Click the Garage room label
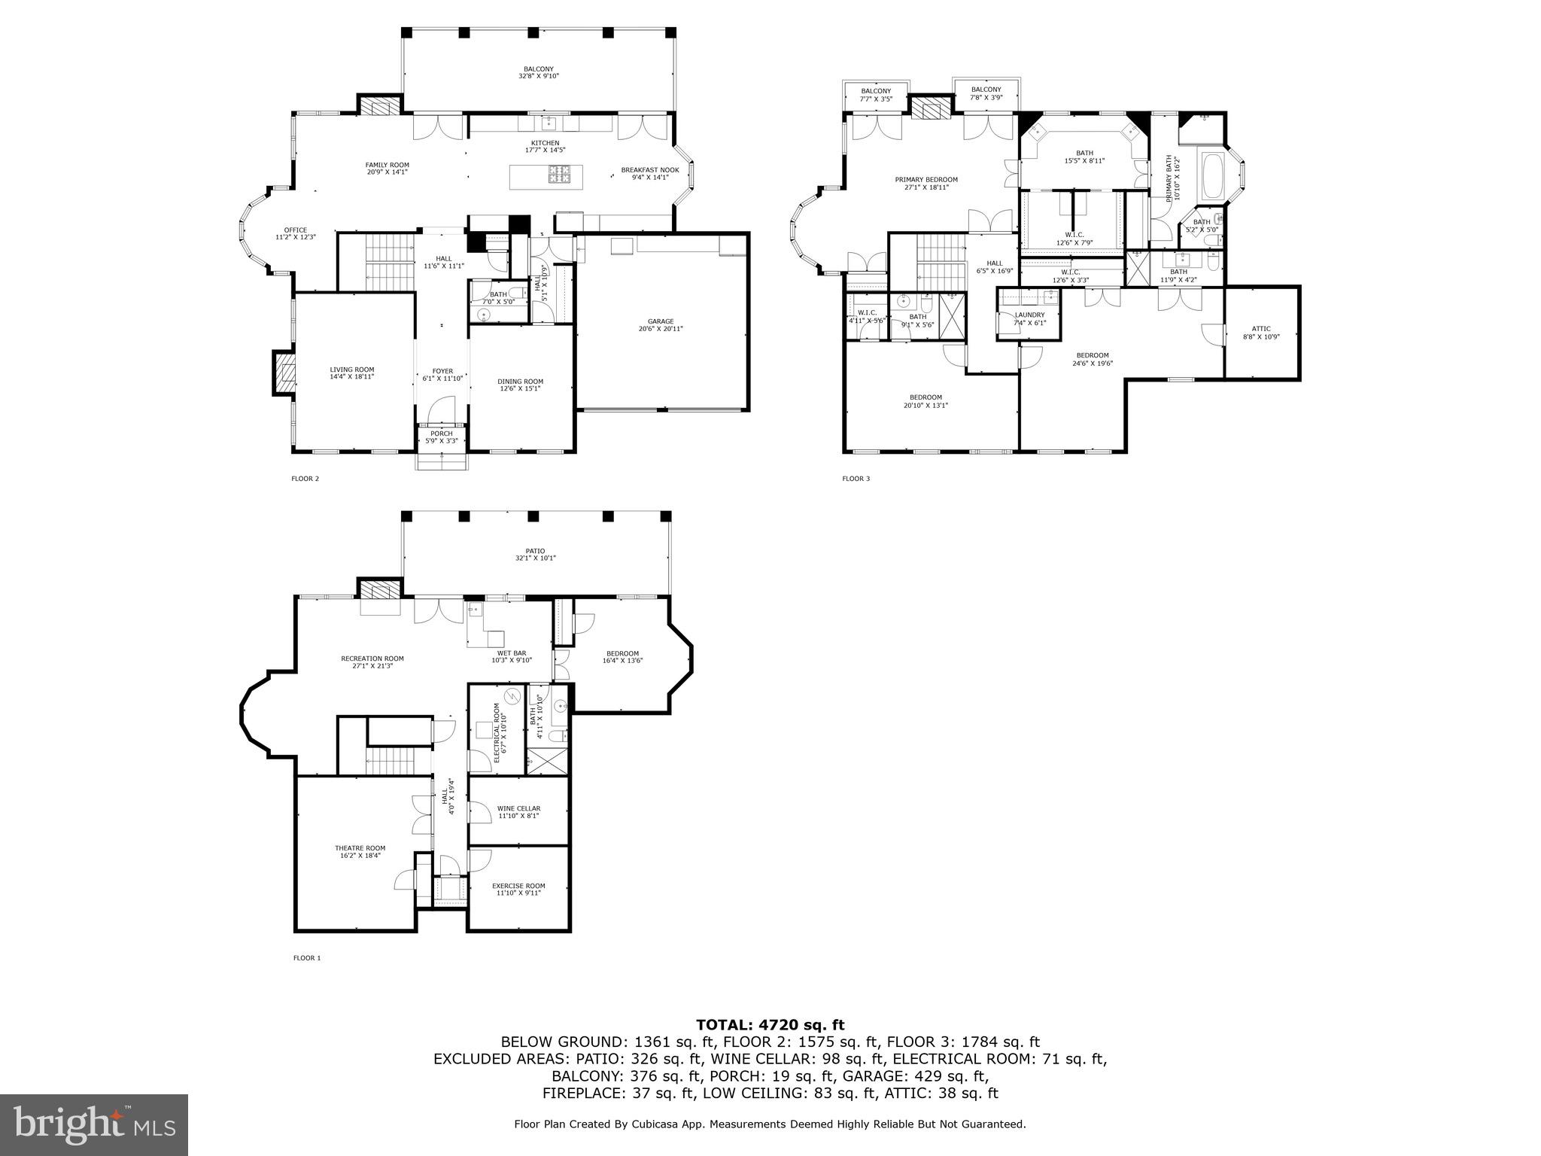click(x=661, y=321)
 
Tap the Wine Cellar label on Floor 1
click(x=518, y=808)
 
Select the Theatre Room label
click(x=360, y=848)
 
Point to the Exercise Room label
click(x=518, y=886)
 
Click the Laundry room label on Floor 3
click(x=1029, y=315)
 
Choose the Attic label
click(x=1261, y=328)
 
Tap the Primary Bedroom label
click(x=926, y=180)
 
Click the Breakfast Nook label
click(x=649, y=170)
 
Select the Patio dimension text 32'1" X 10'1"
click(x=535, y=558)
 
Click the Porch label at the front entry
click(x=442, y=433)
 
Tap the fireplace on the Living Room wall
click(x=284, y=373)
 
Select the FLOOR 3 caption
click(x=856, y=479)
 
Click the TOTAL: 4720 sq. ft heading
click(x=770, y=1025)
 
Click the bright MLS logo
click(x=94, y=1124)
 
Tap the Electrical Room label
click(x=497, y=733)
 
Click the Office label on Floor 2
click(x=295, y=230)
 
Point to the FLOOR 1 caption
click(x=306, y=958)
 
